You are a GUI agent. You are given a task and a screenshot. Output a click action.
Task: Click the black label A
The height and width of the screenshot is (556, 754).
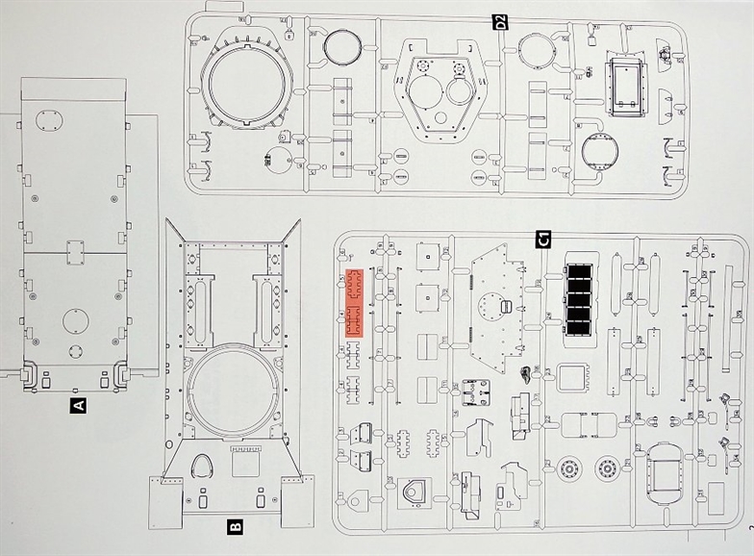(79, 405)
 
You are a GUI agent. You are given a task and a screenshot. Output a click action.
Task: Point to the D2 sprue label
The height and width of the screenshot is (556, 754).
(500, 21)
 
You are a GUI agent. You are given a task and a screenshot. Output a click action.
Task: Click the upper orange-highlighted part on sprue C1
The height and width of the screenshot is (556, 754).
(353, 287)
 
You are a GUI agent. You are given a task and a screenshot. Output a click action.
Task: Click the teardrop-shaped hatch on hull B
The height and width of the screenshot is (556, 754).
(205, 467)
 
